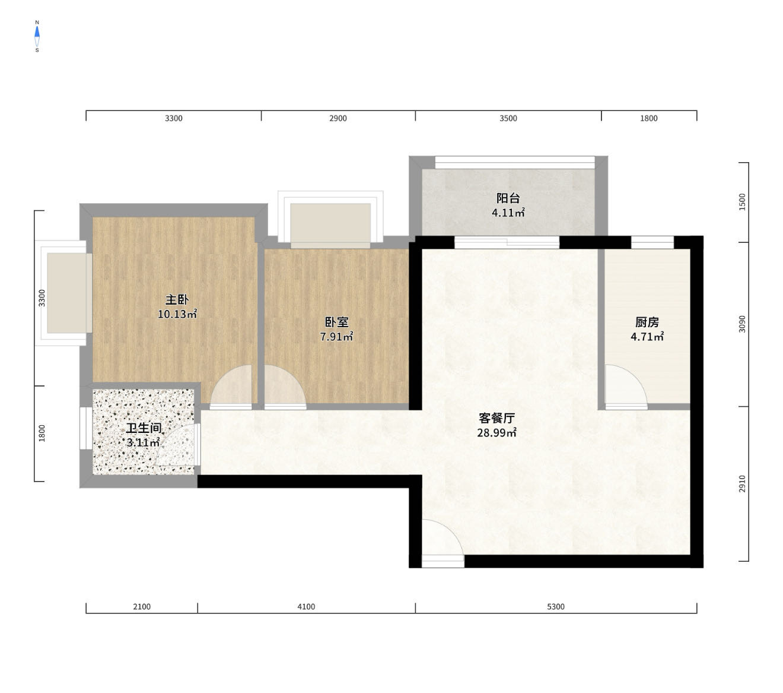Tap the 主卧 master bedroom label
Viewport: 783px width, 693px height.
click(x=177, y=299)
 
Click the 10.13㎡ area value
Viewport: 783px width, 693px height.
click(x=177, y=314)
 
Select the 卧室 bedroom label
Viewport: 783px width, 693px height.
click(x=336, y=322)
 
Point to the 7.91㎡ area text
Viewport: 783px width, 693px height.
click(x=336, y=337)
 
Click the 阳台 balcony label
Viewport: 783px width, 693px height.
click(x=508, y=198)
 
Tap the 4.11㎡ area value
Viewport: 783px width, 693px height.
click(x=508, y=213)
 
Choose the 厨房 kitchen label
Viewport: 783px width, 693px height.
click(x=647, y=322)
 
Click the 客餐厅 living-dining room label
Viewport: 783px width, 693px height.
click(x=496, y=418)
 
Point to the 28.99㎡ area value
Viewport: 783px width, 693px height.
click(x=496, y=432)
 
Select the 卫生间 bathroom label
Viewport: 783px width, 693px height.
click(x=144, y=428)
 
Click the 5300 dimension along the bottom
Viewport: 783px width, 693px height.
click(x=555, y=607)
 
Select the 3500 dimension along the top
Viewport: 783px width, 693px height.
click(x=508, y=118)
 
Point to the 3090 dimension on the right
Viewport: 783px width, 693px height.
click(x=741, y=324)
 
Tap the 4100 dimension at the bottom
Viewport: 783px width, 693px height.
click(x=306, y=607)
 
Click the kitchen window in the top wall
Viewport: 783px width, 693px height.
click(x=652, y=242)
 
